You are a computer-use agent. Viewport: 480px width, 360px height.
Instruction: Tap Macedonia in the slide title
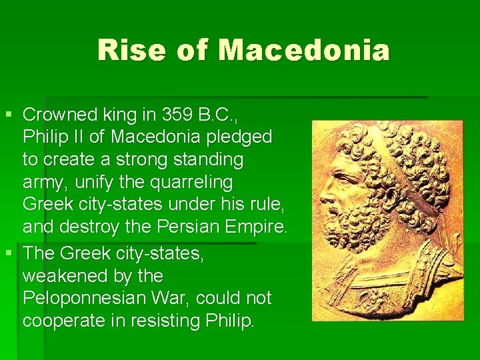tap(304, 50)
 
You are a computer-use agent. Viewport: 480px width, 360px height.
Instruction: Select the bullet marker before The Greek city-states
tap(7, 253)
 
